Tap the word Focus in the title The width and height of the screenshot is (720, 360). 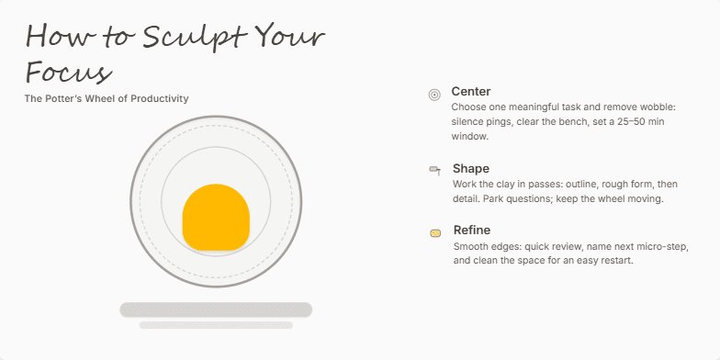pyautogui.click(x=69, y=72)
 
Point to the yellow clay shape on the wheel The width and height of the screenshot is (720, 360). pyautogui.click(x=216, y=219)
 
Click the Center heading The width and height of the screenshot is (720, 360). pyautogui.click(x=471, y=92)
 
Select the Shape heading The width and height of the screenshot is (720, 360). pyautogui.click(x=471, y=169)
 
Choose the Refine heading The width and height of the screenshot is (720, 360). pyautogui.click(x=472, y=231)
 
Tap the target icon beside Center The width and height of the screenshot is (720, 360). pyautogui.click(x=434, y=94)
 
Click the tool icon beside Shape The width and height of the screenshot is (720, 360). pyautogui.click(x=434, y=170)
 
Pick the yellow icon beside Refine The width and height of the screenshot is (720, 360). pyautogui.click(x=434, y=233)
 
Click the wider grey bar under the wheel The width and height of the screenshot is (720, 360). pyautogui.click(x=216, y=309)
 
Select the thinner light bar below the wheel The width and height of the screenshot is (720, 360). pyautogui.click(x=216, y=325)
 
